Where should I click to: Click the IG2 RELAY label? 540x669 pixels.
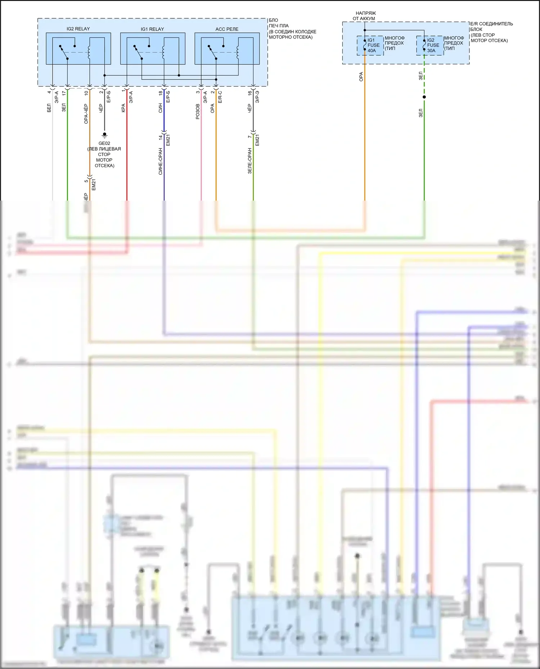(x=78, y=29)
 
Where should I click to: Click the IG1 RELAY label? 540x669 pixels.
(x=152, y=29)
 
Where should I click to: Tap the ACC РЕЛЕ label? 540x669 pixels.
(x=227, y=29)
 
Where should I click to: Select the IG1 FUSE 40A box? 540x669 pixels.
(x=370, y=45)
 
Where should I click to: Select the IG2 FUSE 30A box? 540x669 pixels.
(x=430, y=45)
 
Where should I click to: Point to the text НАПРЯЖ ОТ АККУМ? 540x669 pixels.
(x=364, y=16)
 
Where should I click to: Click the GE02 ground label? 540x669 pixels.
(x=104, y=143)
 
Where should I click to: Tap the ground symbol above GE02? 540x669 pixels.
(x=104, y=135)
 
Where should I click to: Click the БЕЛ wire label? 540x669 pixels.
(x=49, y=108)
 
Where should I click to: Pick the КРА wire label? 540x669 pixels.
(x=123, y=108)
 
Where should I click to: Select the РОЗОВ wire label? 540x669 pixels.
(x=198, y=111)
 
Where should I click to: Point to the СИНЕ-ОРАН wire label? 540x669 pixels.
(x=161, y=161)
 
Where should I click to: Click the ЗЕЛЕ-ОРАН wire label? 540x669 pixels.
(x=249, y=161)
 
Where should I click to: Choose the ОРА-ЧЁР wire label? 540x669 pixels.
(x=86, y=114)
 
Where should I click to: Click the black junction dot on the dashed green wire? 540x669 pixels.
(x=424, y=97)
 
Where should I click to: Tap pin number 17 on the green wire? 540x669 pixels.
(x=64, y=93)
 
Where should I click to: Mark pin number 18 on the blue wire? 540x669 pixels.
(x=161, y=93)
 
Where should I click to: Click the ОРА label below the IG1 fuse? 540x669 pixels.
(x=361, y=77)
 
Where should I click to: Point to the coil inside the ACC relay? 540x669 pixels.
(x=238, y=52)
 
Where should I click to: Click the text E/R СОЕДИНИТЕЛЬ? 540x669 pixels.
(x=492, y=24)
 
